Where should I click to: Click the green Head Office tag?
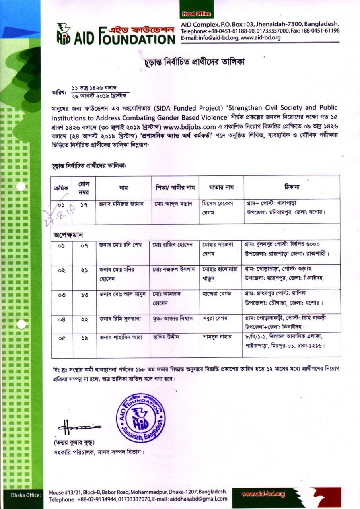pyautogui.click(x=196, y=14)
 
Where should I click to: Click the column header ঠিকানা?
pyautogui.click(x=292, y=187)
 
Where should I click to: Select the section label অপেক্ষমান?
pyautogui.click(x=68, y=235)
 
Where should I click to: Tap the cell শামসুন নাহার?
pyautogui.click(x=217, y=337)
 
